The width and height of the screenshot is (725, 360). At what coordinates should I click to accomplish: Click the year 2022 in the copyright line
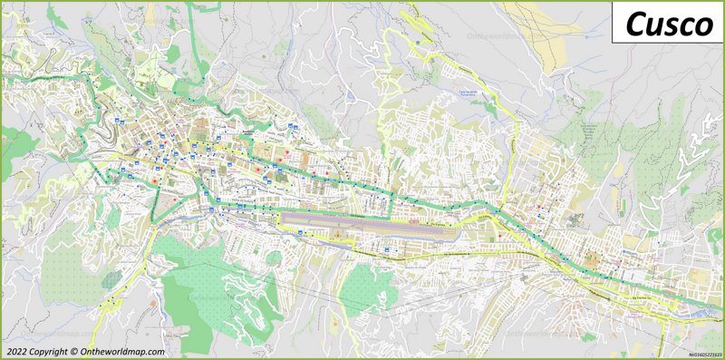[16, 352]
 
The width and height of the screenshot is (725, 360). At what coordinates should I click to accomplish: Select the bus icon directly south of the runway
[386, 247]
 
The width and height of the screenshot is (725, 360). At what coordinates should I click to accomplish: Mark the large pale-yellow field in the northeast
[535, 36]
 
